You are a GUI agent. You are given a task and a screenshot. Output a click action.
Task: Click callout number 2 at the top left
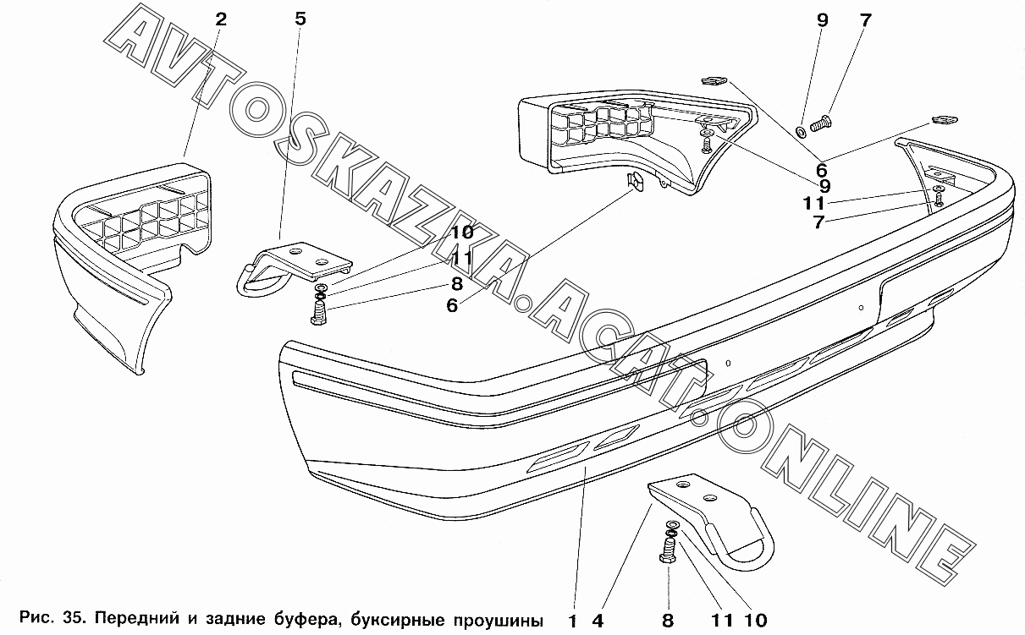click(x=221, y=19)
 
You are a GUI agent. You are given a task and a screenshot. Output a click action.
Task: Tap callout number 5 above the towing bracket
click(x=300, y=19)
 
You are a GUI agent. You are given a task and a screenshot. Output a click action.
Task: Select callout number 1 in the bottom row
click(x=573, y=621)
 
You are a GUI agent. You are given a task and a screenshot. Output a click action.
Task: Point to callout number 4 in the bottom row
click(x=598, y=621)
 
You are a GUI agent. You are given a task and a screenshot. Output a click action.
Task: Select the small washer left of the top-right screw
click(x=800, y=131)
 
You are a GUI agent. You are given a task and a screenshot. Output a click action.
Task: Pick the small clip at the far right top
click(x=943, y=120)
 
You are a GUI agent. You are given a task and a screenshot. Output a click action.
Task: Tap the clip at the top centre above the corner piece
click(x=714, y=81)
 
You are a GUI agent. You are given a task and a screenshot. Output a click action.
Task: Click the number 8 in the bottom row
click(x=668, y=621)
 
